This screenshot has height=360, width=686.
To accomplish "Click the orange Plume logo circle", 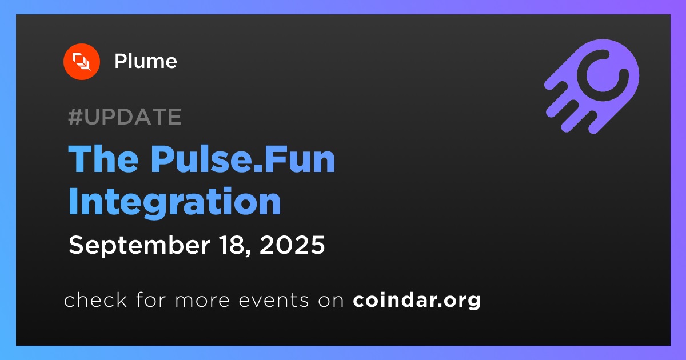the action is pos(81,62).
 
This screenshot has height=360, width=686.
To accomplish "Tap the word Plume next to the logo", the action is pos(145,61).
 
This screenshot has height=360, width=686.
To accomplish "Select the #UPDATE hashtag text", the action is pos(125,117).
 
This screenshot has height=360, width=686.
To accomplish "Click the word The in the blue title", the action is pos(103,159).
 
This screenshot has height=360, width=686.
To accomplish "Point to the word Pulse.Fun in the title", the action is pos(242,159).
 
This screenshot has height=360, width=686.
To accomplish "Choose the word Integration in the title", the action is pos(174,203).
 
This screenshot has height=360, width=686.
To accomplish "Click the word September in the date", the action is pos(139,246).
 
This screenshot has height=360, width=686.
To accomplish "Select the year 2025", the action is pos(292,245).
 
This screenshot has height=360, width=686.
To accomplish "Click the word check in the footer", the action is pos(95,299).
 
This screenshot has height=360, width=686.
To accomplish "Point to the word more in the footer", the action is pos(202,301).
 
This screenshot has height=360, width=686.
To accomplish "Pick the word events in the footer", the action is pos(274,301).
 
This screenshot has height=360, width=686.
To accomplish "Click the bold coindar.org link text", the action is pos(417,301).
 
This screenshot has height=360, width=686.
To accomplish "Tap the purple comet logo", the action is pos(592,86).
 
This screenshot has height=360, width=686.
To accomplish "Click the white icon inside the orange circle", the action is pos(81,62).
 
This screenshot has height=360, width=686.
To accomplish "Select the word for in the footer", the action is pos(151,299).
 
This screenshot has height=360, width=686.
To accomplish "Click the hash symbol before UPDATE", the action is pos(75,117).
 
